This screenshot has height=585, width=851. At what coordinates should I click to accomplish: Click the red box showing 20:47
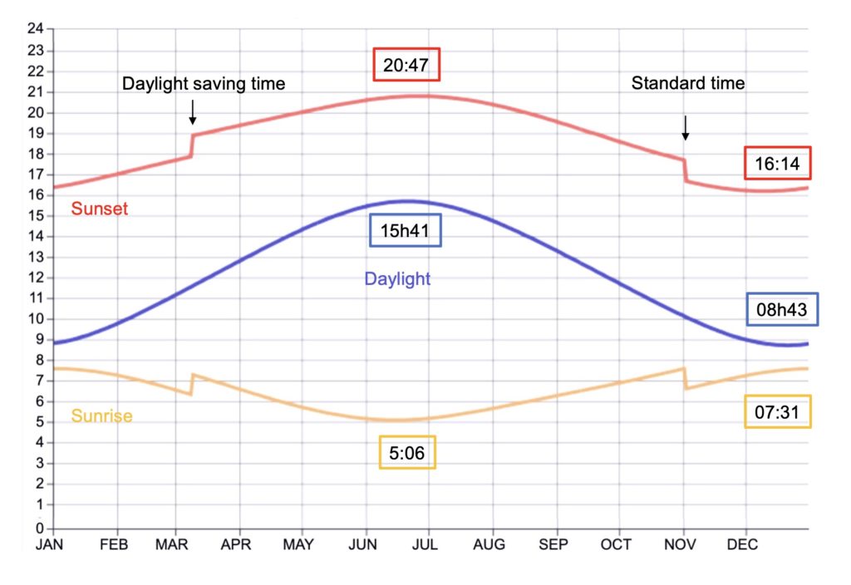click(406, 66)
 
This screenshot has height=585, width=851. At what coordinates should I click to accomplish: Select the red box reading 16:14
click(777, 165)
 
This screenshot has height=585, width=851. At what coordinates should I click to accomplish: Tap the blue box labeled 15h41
click(405, 231)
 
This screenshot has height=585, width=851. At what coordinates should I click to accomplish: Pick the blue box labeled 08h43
click(782, 309)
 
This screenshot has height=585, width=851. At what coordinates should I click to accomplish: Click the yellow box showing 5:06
click(407, 453)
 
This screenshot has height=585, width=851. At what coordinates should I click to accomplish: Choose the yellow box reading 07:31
click(777, 411)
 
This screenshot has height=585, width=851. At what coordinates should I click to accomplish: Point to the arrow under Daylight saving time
click(193, 111)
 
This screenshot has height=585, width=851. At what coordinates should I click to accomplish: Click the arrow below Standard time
click(686, 126)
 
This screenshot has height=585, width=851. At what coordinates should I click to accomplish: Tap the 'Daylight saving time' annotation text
click(204, 84)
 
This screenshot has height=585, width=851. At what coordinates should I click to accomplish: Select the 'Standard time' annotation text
click(688, 83)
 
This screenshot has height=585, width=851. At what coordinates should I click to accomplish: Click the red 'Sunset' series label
click(100, 209)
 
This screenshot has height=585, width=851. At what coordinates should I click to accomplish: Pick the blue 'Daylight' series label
click(397, 279)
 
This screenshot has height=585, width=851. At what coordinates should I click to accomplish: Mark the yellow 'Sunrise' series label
click(101, 415)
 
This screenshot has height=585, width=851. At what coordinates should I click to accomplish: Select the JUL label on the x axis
click(429, 544)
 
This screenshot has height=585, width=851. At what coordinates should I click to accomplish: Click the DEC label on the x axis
click(743, 544)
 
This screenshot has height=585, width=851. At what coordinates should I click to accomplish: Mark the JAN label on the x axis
click(52, 544)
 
